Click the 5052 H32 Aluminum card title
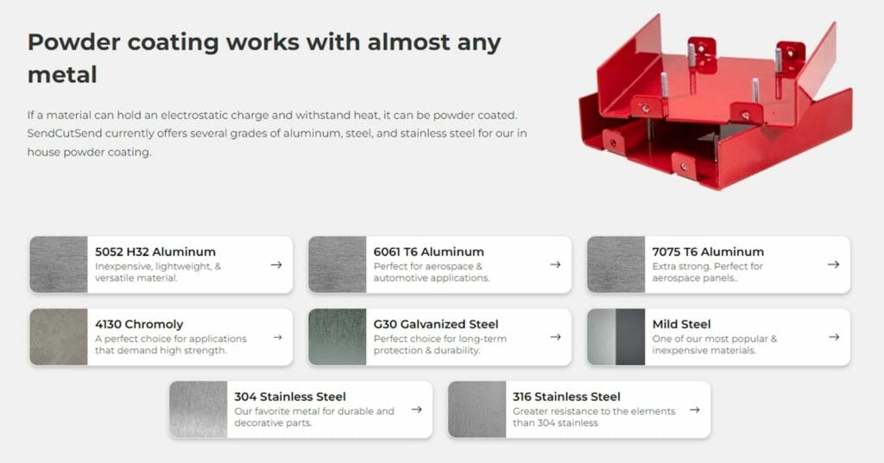[x=155, y=251]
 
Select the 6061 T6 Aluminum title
[x=428, y=251]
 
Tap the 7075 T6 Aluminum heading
[x=708, y=251]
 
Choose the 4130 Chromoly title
[x=139, y=324]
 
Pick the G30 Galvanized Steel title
[x=436, y=324]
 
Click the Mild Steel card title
[x=682, y=324]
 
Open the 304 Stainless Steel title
[x=290, y=396]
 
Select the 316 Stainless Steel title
[x=566, y=396]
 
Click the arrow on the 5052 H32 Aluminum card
[x=276, y=264]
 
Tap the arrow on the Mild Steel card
[x=834, y=337]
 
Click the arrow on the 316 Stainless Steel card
[x=695, y=409]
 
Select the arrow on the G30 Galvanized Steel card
[x=555, y=337]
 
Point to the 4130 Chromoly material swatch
[x=59, y=337]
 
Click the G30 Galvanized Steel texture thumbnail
[x=338, y=337]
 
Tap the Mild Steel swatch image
[x=616, y=337]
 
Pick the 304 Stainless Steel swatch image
[x=199, y=409]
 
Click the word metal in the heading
[x=62, y=75]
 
